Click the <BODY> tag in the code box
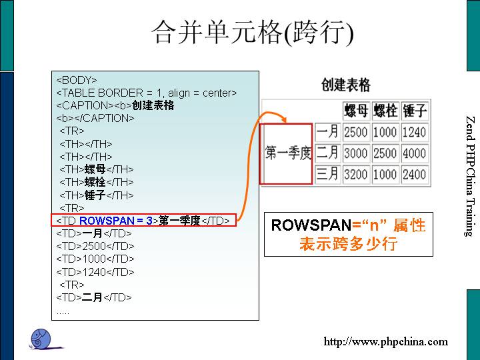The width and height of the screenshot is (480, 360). (77, 81)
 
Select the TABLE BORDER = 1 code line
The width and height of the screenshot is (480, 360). (147, 93)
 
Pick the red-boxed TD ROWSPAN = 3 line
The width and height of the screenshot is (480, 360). (143, 221)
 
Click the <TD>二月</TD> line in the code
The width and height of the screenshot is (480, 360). (94, 297)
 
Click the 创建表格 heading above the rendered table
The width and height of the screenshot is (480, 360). (345, 85)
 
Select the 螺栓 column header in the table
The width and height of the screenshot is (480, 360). (385, 110)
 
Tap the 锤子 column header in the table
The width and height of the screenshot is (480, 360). (414, 110)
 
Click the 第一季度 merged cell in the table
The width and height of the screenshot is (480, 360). (288, 154)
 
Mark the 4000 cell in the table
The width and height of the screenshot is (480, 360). (414, 153)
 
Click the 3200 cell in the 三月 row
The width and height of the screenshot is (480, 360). (355, 175)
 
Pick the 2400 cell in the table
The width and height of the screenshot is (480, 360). (414, 175)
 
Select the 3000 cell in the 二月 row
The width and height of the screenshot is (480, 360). (355, 153)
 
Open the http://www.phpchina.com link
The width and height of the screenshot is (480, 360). (386, 342)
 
